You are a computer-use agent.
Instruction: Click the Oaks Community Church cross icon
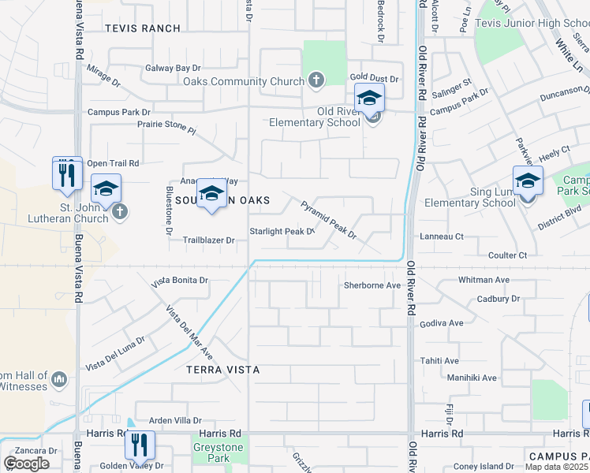coord(316,80)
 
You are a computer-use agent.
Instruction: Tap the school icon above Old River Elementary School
coord(368,99)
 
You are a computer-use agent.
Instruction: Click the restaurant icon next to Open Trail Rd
coord(67,173)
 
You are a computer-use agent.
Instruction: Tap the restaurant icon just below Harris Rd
coord(140,446)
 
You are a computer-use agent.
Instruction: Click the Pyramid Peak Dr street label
coord(329,219)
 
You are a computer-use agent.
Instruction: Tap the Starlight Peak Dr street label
coord(282,231)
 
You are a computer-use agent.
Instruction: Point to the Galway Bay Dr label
coord(175,69)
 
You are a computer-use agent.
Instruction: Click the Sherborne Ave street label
coord(372,285)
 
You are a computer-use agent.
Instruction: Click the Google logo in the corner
coord(26,463)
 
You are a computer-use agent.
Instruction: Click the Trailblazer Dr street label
coord(209,240)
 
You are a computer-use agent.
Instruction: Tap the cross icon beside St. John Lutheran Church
coord(120,211)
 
